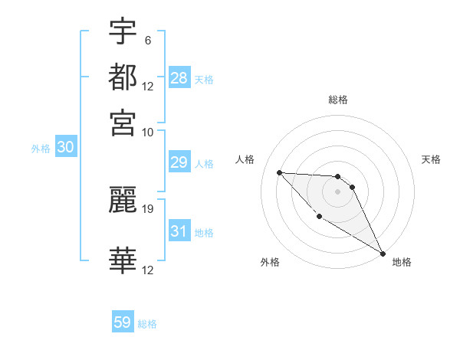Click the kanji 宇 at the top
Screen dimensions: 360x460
123,32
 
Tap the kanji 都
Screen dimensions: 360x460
123,77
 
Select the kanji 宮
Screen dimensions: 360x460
123,123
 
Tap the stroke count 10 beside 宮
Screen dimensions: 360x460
147,132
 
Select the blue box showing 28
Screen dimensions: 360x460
179,78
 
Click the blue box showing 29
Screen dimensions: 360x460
179,163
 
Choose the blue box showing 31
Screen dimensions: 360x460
179,231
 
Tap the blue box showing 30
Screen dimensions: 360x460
65,148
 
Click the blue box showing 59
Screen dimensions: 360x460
123,322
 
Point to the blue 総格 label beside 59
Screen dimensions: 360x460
147,324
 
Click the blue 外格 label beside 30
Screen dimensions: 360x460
41,149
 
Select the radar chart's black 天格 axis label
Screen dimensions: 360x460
431,159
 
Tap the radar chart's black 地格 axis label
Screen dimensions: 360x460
402,262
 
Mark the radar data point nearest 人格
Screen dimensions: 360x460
279,172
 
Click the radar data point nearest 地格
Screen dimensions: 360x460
383,253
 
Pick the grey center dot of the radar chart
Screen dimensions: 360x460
337,191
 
